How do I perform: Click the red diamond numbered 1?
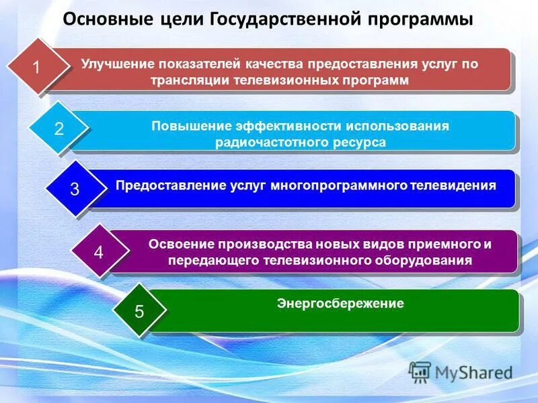tap(37, 68)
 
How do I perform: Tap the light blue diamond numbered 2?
tap(59, 129)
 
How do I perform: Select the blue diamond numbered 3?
tap(75, 189)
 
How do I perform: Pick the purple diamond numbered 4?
tap(99, 253)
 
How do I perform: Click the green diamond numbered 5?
tap(139, 310)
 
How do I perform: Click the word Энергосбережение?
tap(340, 304)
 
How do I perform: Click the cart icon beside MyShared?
tap(420, 371)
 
